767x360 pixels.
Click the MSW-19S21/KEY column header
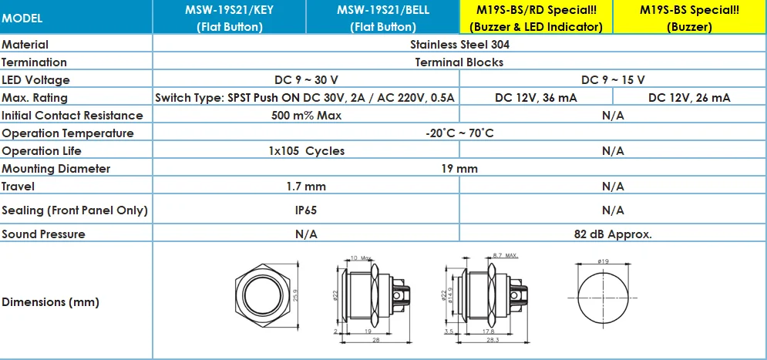pyautogui.click(x=230, y=18)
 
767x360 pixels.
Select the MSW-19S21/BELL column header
pyautogui.click(x=383, y=18)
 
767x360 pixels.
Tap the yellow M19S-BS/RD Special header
pyautogui.click(x=536, y=18)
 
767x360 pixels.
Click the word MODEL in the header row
pyautogui.click(x=22, y=19)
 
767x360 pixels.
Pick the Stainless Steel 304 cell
pyautogui.click(x=459, y=45)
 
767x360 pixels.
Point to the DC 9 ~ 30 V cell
pyautogui.click(x=306, y=79)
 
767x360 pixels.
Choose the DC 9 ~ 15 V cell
pyautogui.click(x=613, y=79)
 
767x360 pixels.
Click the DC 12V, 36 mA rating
pyautogui.click(x=536, y=98)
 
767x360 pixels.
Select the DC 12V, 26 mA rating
pyautogui.click(x=690, y=98)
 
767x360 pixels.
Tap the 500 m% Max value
pyautogui.click(x=306, y=116)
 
